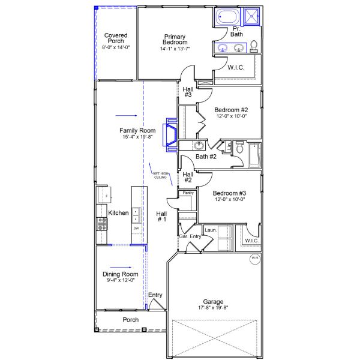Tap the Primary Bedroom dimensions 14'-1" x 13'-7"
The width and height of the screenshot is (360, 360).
pyautogui.click(x=176, y=49)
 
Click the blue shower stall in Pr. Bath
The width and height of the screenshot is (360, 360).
pyautogui.click(x=253, y=17)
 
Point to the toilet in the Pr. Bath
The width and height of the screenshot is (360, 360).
pyautogui.click(x=254, y=46)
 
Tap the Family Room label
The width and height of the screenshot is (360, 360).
pyautogui.click(x=137, y=130)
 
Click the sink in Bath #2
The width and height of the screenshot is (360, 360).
pyautogui.click(x=199, y=146)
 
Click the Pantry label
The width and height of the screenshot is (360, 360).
pyautogui.click(x=188, y=193)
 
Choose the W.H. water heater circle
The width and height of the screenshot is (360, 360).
pyautogui.click(x=254, y=259)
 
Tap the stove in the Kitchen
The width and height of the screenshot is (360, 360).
pyautogui.click(x=102, y=224)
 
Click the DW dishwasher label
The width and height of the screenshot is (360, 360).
pyautogui.click(x=136, y=229)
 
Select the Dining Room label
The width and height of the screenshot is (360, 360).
pyautogui.click(x=121, y=274)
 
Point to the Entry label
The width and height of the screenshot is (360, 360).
pyautogui.click(x=155, y=295)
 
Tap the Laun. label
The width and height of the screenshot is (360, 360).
pyautogui.click(x=211, y=230)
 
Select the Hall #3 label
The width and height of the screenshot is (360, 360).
pyautogui.click(x=188, y=91)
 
